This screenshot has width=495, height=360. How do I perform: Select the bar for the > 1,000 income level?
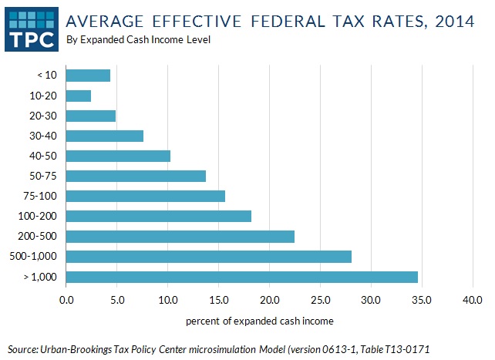coord(241,276)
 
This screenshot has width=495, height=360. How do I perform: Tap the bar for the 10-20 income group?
coord(79,96)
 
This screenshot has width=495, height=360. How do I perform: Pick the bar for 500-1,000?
coord(208,256)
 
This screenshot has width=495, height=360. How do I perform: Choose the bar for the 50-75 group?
coord(136,176)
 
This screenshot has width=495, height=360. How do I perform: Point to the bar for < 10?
coord(88,76)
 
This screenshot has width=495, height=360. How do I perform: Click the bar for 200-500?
coord(180,236)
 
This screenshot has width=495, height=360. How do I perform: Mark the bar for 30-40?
coord(104,136)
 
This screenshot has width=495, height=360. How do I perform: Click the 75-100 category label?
coord(39,196)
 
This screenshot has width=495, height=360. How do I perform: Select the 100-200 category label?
coord(37,216)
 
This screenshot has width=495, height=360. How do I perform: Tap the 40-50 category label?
coord(42,156)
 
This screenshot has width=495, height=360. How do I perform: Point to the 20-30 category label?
coord(42,116)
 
